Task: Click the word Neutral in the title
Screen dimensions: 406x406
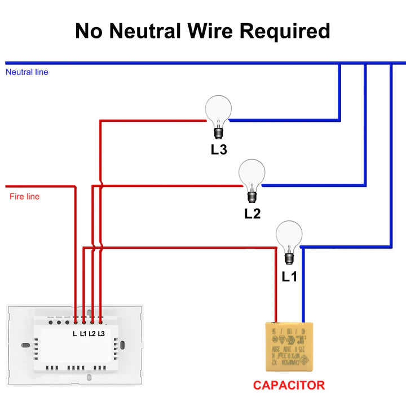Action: [x=145, y=30]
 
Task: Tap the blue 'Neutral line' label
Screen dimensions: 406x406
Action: [x=27, y=72]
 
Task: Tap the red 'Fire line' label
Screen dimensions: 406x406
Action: [x=25, y=197]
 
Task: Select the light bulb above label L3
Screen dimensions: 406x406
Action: [x=218, y=111]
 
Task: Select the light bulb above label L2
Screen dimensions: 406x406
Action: [x=251, y=175]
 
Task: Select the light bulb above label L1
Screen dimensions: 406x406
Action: [x=289, y=237]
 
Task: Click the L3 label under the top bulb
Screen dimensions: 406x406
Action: [x=219, y=150]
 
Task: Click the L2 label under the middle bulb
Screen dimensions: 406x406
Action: [x=252, y=214]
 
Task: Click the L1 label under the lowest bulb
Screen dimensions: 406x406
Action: [x=289, y=277]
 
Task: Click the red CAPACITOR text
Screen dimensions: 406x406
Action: [x=289, y=386]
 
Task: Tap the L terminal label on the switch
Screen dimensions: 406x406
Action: [x=74, y=334]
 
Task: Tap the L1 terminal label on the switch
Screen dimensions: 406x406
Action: [x=83, y=334]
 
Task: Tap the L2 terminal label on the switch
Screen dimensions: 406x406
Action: [x=92, y=334]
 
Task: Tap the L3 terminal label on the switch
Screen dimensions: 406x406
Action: [x=101, y=334]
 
